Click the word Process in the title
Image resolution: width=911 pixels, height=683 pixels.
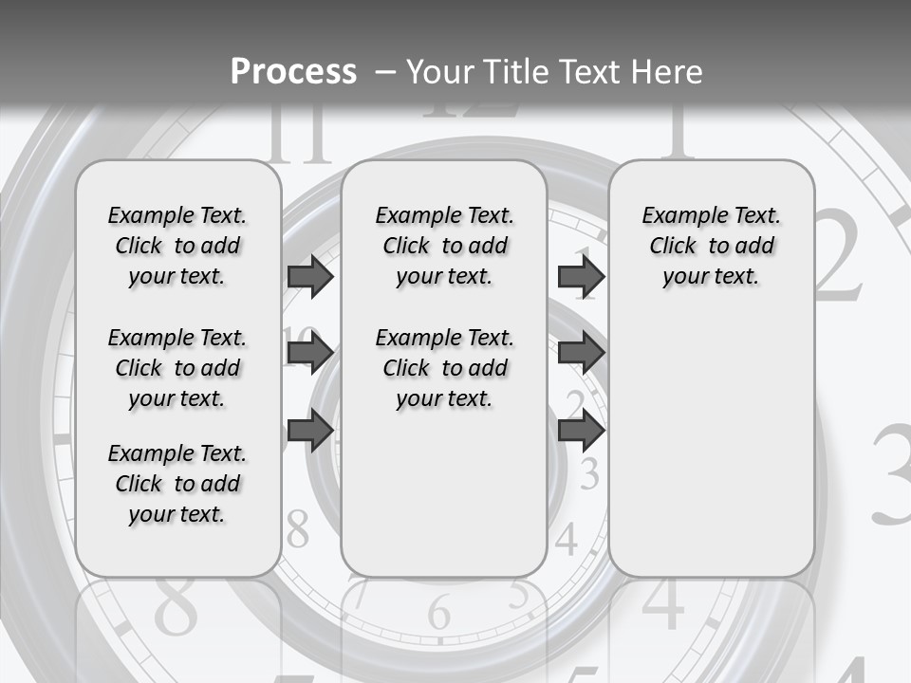[x=293, y=72]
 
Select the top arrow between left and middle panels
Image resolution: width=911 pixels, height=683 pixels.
[x=310, y=276]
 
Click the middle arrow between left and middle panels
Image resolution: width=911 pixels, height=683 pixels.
[x=310, y=354]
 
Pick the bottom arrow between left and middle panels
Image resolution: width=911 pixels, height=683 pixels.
[x=310, y=431]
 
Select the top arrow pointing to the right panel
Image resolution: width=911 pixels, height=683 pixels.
[x=581, y=276]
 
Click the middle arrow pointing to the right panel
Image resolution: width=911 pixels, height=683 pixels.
[x=581, y=354]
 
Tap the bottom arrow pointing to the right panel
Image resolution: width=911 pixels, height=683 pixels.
[x=581, y=431]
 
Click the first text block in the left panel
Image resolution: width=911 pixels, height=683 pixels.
[x=177, y=246]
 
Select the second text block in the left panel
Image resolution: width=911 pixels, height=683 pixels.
[x=177, y=368]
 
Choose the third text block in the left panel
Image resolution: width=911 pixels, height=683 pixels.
[x=177, y=484]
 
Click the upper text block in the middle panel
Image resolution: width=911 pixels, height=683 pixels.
[x=444, y=246]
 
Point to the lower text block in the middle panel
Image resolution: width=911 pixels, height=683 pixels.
[x=444, y=368]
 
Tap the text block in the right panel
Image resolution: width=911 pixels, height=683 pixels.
[x=711, y=246]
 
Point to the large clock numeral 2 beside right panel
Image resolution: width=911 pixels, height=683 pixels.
[x=839, y=256]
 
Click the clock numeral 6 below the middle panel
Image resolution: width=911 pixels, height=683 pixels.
[x=438, y=613]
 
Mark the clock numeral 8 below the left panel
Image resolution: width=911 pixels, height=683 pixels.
[x=177, y=607]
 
